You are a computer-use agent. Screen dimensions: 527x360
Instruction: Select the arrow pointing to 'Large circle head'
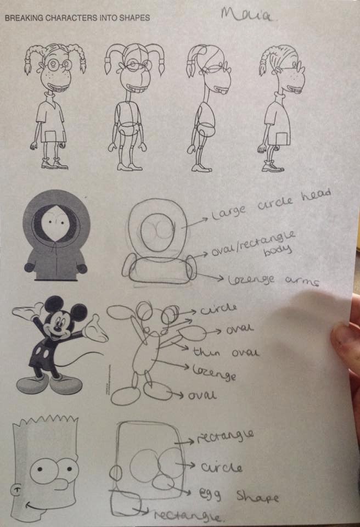click(194, 220)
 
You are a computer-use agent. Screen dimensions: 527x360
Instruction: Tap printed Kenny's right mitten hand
click(82, 268)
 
